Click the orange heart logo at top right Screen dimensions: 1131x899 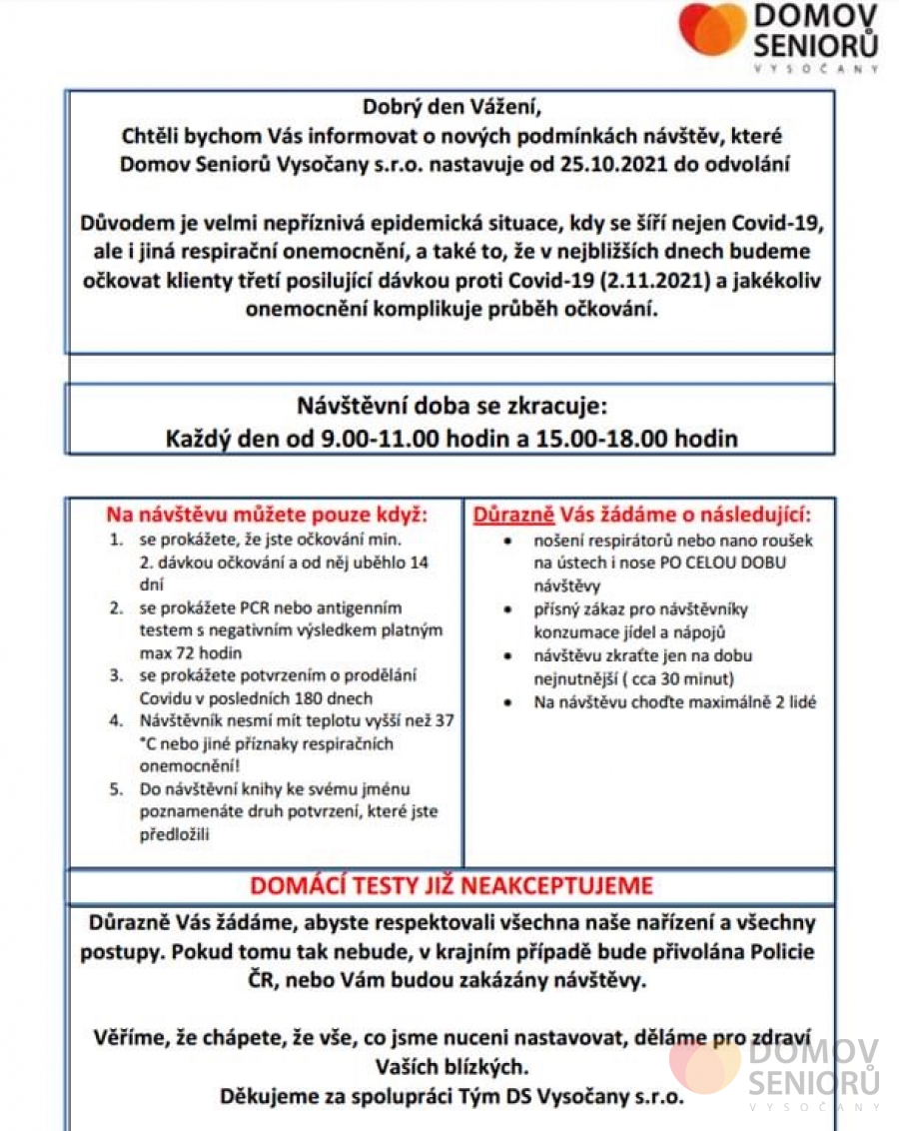[x=712, y=29]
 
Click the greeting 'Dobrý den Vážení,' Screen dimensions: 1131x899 [x=450, y=106]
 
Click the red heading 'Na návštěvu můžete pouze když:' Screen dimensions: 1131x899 [x=267, y=516]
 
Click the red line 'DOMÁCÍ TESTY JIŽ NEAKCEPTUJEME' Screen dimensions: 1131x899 [x=450, y=885]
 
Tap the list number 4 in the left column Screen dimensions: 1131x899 [x=117, y=720]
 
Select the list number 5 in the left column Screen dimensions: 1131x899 [x=117, y=789]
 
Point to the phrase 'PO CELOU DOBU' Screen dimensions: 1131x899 [x=727, y=563]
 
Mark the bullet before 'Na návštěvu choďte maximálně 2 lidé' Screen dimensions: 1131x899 [x=509, y=702]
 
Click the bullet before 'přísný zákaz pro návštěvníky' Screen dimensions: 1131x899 [x=509, y=609]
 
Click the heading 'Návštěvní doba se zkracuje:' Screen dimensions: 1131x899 [x=450, y=408]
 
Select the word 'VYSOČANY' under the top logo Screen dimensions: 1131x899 [x=815, y=69]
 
